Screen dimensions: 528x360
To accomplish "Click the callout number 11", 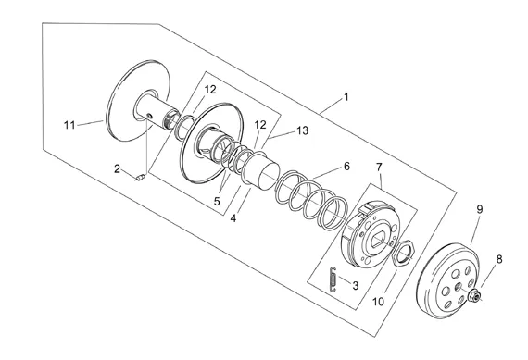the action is (69, 125).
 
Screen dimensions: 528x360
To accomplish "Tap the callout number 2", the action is (117, 168).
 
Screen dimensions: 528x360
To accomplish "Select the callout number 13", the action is (303, 130).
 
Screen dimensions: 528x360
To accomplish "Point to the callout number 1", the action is (346, 97).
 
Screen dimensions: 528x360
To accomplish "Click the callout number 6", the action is (346, 167).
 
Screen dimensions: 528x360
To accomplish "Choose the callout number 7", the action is (379, 167).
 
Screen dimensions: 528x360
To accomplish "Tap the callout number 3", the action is (356, 286).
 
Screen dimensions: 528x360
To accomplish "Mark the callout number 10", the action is (378, 302).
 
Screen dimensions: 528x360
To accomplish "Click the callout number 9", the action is (480, 209).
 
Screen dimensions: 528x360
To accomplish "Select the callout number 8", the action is (499, 259).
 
